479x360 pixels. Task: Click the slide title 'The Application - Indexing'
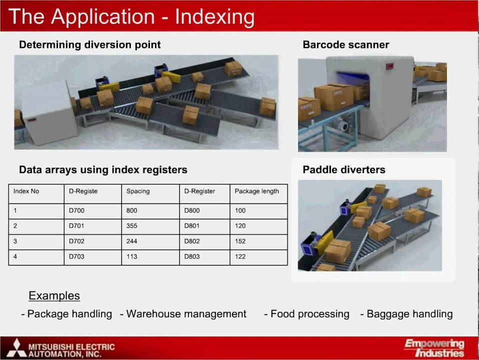pos(131,17)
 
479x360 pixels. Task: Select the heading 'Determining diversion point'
pos(90,44)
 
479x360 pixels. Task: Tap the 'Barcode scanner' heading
pos(346,44)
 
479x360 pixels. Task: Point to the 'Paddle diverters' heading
pos(344,169)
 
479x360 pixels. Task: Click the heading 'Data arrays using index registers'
pos(103,169)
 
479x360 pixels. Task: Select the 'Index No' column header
pos(26,191)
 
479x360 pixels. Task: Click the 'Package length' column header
pos(257,191)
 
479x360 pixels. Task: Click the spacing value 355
pos(132,226)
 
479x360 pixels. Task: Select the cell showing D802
pos(192,241)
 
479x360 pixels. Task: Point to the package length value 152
pos(240,241)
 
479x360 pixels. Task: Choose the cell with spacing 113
pos(132,256)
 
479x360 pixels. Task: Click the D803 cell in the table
pos(192,256)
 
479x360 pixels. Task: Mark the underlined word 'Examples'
pos(54,295)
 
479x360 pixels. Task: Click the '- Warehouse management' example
pos(183,314)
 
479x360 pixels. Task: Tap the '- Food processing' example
pos(307,314)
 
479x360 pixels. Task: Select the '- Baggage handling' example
pos(406,314)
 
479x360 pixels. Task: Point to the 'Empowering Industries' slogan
pos(434,348)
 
